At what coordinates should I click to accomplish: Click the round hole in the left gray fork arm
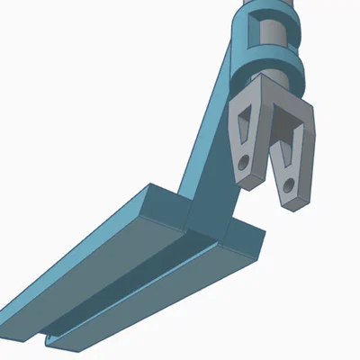tap(244, 164)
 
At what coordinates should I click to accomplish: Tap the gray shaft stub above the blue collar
tap(269, 4)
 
